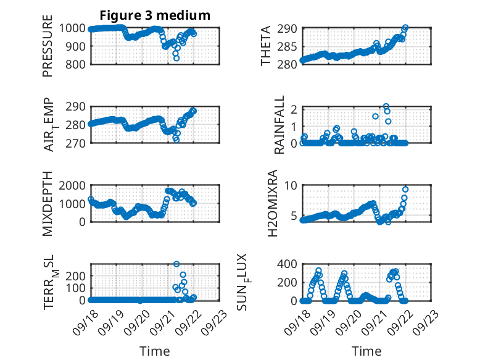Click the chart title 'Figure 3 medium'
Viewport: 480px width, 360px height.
(155, 15)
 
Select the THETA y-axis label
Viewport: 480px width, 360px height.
(265, 46)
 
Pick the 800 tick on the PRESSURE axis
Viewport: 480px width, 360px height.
(77, 64)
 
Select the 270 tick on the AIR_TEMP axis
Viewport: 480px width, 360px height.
(77, 143)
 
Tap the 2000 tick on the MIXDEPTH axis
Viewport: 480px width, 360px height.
(73, 185)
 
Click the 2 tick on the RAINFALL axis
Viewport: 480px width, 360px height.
(294, 109)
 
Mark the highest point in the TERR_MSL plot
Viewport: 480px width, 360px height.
(176, 264)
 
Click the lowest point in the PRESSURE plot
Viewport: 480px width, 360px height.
(176, 58)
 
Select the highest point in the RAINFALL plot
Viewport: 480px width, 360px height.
(386, 106)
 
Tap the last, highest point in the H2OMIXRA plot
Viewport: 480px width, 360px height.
(405, 189)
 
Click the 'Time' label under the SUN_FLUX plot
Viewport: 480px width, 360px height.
(366, 351)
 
